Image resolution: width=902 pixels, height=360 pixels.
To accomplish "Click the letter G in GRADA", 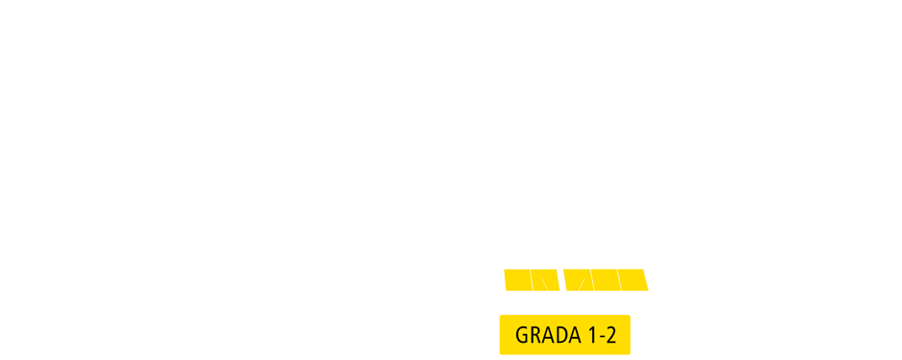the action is point(523,335).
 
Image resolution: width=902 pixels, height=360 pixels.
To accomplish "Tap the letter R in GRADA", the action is point(536,335).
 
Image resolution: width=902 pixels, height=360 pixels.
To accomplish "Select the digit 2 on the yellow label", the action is point(611,335).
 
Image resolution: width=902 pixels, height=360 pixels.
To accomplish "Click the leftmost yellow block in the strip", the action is point(517,279).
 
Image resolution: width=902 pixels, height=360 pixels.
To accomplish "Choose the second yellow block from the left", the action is point(544,279).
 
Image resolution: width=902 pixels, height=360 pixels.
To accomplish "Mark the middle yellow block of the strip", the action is point(577,279).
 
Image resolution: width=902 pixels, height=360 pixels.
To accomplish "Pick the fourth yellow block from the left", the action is point(605,279).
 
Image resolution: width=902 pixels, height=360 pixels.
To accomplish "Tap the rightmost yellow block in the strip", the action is point(634,279).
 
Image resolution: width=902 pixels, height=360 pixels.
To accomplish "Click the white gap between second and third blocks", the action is point(560,279).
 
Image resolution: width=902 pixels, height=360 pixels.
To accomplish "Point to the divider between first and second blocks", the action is point(532,279).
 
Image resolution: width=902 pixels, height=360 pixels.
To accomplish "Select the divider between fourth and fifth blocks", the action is point(619,279).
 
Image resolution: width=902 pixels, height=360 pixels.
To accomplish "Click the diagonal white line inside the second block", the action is point(545,284).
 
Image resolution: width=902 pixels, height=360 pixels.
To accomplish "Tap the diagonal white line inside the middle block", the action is point(581,284).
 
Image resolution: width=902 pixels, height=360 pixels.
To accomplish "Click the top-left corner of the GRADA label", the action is point(501,317).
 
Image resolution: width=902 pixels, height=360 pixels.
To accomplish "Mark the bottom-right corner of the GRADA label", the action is point(629,352).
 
